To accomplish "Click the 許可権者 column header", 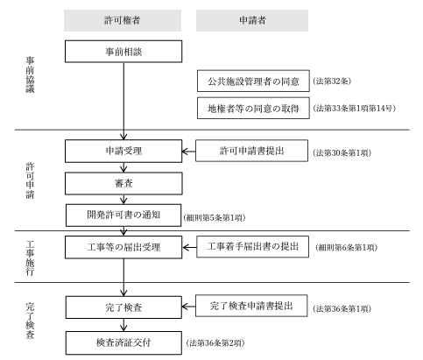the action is pos(123,20).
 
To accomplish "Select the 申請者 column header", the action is pos(252,20).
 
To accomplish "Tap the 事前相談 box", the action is pos(123,52).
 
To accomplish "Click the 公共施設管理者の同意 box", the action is pos(253,81).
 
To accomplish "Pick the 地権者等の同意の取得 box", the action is pos(253,109).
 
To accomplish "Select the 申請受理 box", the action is pos(123,151).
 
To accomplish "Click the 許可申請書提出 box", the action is pos(251,151).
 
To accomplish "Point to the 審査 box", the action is pos(123,183).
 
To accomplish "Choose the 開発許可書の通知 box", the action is pos(123,215).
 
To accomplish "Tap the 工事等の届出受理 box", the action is pos(123,247).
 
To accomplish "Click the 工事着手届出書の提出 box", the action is pos(253,247).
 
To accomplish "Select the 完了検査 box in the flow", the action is pos(123,307).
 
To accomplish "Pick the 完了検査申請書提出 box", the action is pos(251,306).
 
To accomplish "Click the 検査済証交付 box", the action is pos(123,342).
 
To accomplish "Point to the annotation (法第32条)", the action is pos(332,81).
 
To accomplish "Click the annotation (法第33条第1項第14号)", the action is pos(355,109).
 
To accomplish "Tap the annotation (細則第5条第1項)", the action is pos(215,217).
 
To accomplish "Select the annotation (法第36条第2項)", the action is pos(215,342).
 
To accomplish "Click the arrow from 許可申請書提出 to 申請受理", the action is pos(188,152).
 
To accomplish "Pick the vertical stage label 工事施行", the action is pos(30,258).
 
